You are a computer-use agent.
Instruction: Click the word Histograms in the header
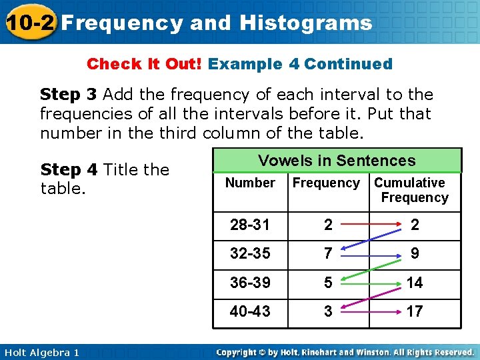(x=305, y=23)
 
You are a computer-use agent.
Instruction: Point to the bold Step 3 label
(x=69, y=95)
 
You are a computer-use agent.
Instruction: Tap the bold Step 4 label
(x=69, y=170)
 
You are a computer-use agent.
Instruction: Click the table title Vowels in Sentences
(x=337, y=161)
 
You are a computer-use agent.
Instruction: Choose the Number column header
(x=250, y=183)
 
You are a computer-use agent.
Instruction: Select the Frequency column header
(x=326, y=183)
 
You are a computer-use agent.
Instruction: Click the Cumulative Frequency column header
(x=411, y=190)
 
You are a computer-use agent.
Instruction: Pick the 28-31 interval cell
(x=250, y=225)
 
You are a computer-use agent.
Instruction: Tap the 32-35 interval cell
(x=250, y=254)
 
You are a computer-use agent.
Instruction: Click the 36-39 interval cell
(x=250, y=283)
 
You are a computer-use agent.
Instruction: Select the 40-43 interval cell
(x=250, y=311)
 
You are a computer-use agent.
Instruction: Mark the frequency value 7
(x=327, y=254)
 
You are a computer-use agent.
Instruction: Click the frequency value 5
(x=327, y=283)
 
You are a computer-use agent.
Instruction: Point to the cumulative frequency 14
(x=415, y=283)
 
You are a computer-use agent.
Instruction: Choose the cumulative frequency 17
(x=415, y=311)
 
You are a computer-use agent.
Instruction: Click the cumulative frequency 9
(x=415, y=254)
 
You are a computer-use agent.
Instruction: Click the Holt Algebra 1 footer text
(x=41, y=352)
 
